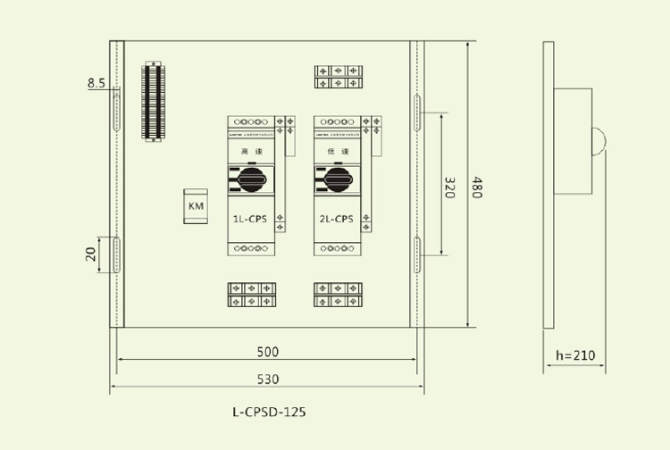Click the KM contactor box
coord(196,206)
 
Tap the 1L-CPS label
coord(250,218)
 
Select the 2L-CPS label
coord(335,218)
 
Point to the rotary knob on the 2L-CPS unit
coord(336,179)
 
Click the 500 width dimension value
coord(268,351)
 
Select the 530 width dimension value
coord(268,379)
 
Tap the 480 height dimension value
coord(478,187)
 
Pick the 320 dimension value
coord(450,187)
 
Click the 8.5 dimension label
coord(96,83)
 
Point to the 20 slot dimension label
coord(91,254)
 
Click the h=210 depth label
coord(574,355)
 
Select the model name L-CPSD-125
coord(268,412)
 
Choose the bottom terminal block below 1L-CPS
coord(251,296)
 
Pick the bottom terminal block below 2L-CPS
coord(337,296)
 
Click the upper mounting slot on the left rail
coord(116,111)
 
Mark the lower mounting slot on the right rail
coord(417,254)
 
